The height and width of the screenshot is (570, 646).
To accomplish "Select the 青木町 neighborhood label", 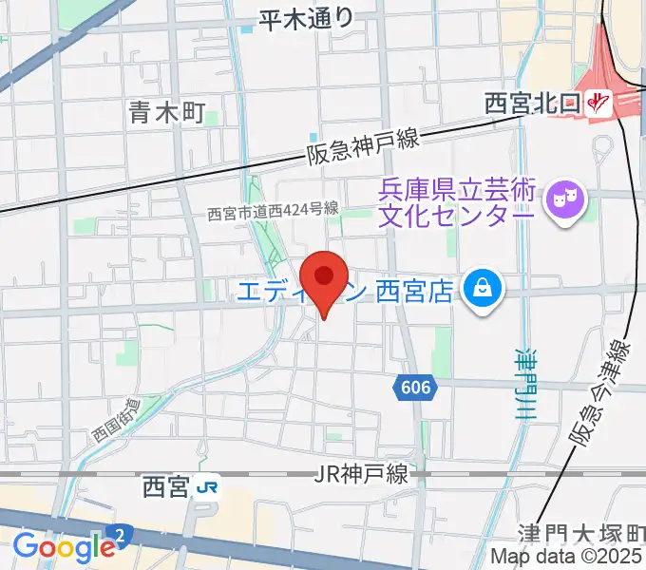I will [166, 114].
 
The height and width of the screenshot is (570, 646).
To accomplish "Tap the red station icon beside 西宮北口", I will [598, 102].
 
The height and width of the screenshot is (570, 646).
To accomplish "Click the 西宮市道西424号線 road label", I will [274, 215].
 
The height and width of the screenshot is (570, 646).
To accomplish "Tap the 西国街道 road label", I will [115, 419].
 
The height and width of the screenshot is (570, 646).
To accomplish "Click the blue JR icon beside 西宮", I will [207, 488].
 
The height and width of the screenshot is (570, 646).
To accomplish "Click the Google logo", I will [64, 546].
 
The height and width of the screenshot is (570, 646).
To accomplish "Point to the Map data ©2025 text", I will [567, 558].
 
